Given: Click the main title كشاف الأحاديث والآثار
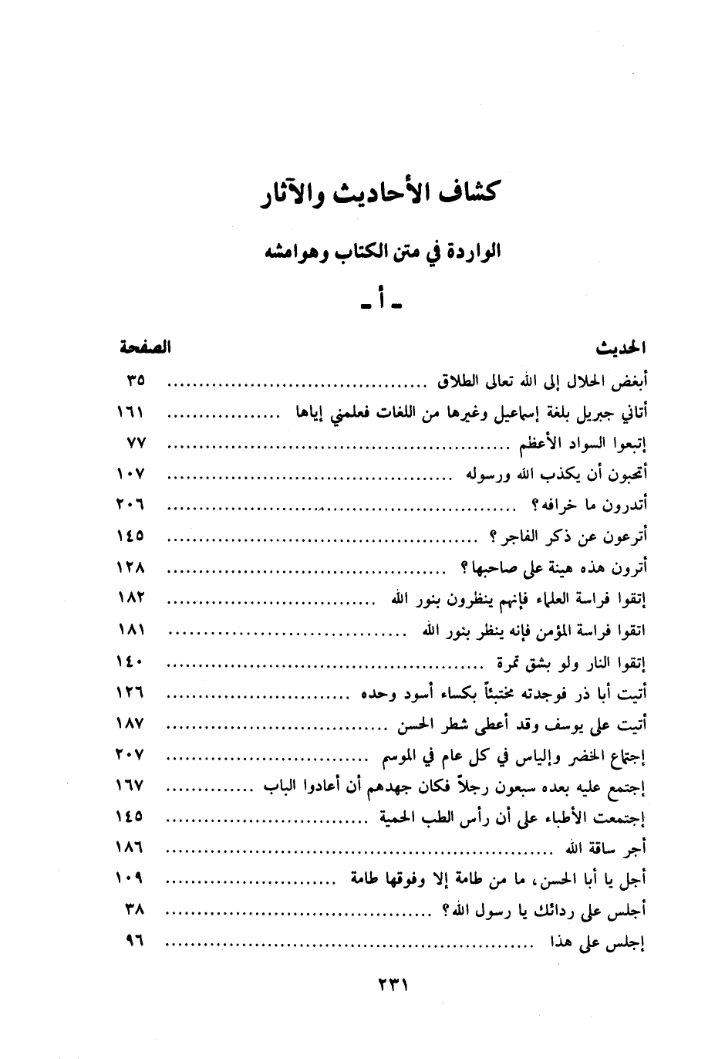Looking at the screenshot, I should tap(379, 196).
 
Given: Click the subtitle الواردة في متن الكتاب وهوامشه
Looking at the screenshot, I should tap(379, 252).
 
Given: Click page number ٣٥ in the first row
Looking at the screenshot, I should tap(136, 381).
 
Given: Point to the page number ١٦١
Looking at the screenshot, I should tap(131, 413).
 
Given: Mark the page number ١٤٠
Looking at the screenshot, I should tap(131, 661).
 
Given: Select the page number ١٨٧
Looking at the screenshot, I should tap(131, 724).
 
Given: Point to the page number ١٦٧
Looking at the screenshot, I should tap(131, 786).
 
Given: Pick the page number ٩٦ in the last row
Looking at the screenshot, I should tap(136, 942).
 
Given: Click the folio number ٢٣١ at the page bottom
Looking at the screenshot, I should tap(391, 986).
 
